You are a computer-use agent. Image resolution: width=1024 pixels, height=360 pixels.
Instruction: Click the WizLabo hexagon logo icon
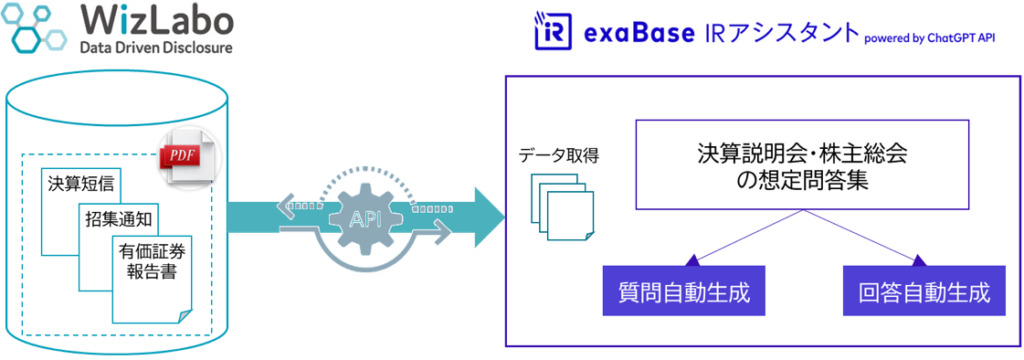point(38,27)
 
